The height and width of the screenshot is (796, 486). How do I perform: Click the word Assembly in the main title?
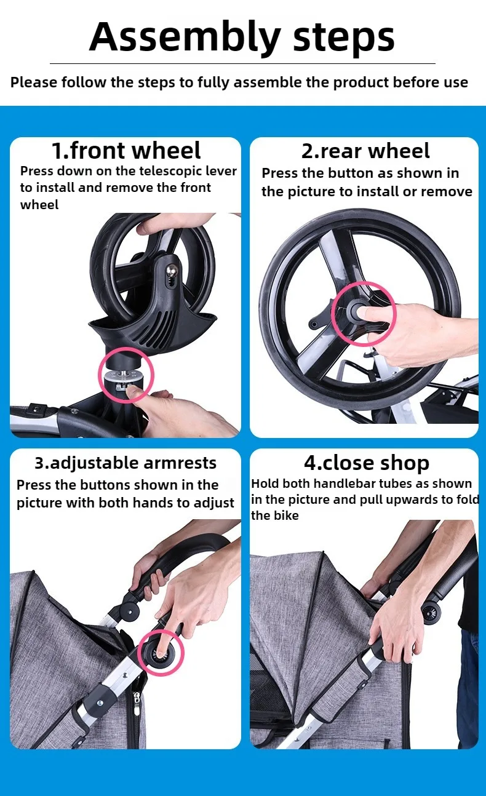pos(185,38)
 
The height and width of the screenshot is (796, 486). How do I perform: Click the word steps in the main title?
pos(343,38)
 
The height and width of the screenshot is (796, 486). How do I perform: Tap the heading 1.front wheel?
pos(126,150)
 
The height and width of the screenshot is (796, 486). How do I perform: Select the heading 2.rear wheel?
pos(365,151)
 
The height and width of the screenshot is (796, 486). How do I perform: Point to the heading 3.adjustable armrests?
pos(125,463)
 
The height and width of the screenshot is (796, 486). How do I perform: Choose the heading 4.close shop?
pos(367,463)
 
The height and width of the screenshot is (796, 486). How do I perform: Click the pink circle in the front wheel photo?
pos(126,375)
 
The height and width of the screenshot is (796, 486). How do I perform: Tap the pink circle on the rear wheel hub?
pos(364,314)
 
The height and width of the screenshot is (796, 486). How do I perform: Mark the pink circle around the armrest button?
pos(161,653)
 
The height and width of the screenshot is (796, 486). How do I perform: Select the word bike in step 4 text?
pos(287,515)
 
